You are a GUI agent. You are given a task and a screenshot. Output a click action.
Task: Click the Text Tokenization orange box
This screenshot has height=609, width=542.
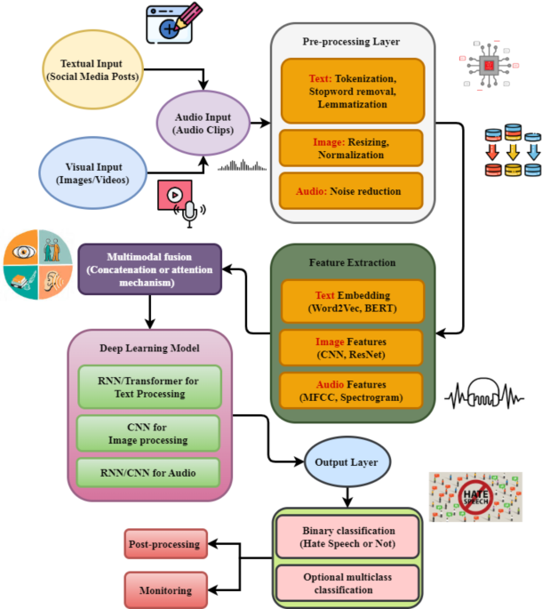[x=352, y=91]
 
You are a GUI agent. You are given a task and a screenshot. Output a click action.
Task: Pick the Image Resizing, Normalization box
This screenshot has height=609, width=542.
[x=352, y=148]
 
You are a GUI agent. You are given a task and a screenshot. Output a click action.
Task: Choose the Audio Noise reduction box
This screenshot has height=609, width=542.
[x=352, y=191]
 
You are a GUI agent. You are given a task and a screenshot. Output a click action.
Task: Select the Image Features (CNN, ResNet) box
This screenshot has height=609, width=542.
[x=353, y=348]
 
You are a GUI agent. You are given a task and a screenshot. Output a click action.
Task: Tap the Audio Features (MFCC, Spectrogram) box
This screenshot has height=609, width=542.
[x=353, y=392]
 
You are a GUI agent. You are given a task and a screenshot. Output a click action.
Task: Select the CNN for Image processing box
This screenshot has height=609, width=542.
[x=147, y=433]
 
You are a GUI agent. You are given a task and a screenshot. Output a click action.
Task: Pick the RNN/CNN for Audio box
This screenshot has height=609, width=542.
[x=147, y=472]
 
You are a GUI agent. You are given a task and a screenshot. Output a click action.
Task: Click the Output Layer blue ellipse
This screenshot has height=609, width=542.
[x=347, y=462]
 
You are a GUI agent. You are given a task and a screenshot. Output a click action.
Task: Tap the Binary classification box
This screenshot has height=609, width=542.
[x=347, y=538]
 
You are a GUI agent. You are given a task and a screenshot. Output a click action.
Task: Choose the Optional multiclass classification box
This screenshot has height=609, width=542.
[x=347, y=584]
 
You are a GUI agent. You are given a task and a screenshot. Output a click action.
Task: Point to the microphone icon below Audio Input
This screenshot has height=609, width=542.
[x=188, y=212]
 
